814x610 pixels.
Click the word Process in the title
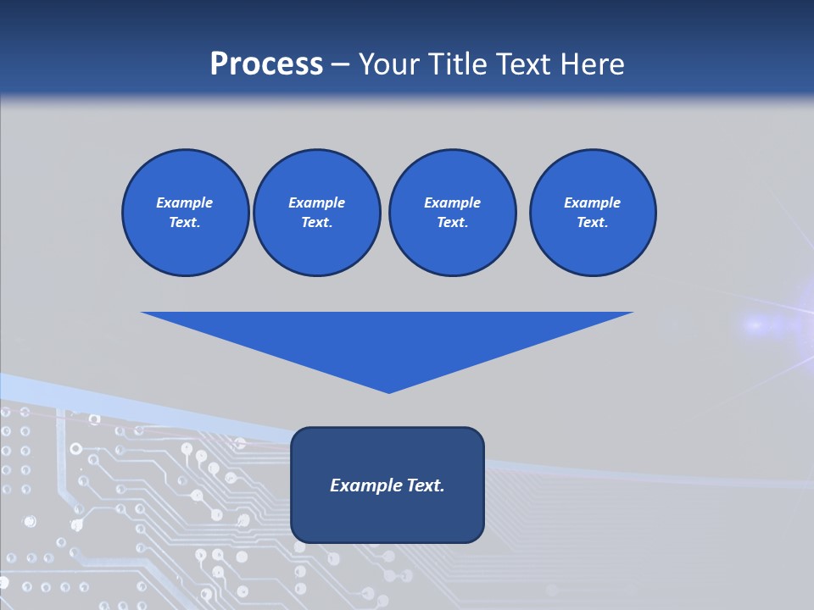coord(266,64)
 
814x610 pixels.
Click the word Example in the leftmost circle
coord(184,202)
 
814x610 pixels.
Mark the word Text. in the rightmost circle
coord(592,223)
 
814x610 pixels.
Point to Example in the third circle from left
coord(452,202)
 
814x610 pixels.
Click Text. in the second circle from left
coord(316,223)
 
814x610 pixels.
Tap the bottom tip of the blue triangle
coord(388,391)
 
